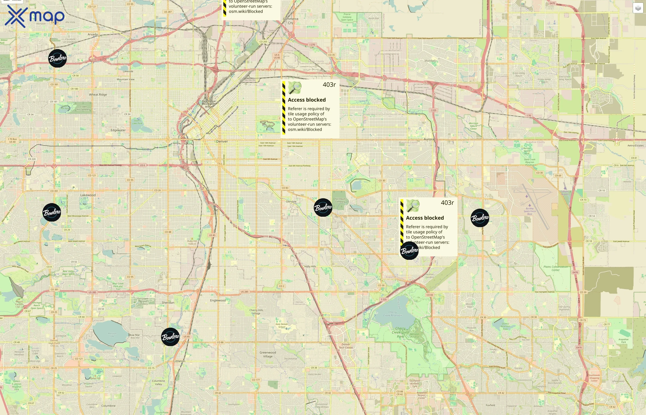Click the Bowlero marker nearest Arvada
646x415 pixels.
(x=57, y=58)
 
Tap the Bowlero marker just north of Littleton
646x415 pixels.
(x=170, y=337)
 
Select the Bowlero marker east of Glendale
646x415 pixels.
(x=323, y=207)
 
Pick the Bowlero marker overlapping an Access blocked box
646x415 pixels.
(x=409, y=251)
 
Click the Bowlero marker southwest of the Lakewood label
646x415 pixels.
(x=52, y=212)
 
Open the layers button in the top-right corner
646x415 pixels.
(x=638, y=8)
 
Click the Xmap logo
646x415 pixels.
(x=35, y=16)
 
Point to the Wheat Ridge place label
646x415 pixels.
(x=98, y=95)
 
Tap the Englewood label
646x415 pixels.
(x=218, y=300)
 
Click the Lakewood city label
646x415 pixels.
(x=88, y=195)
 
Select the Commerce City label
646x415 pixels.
(x=290, y=21)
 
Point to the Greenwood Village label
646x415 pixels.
(x=268, y=354)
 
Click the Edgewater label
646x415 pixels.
(x=118, y=130)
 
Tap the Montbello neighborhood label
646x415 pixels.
(x=431, y=61)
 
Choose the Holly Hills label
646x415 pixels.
(x=310, y=266)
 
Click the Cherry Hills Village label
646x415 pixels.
(x=256, y=311)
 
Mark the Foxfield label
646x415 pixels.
(x=490, y=405)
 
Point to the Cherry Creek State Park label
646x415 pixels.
(x=400, y=332)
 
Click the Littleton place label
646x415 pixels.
(x=179, y=361)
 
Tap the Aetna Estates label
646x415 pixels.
(x=635, y=145)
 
